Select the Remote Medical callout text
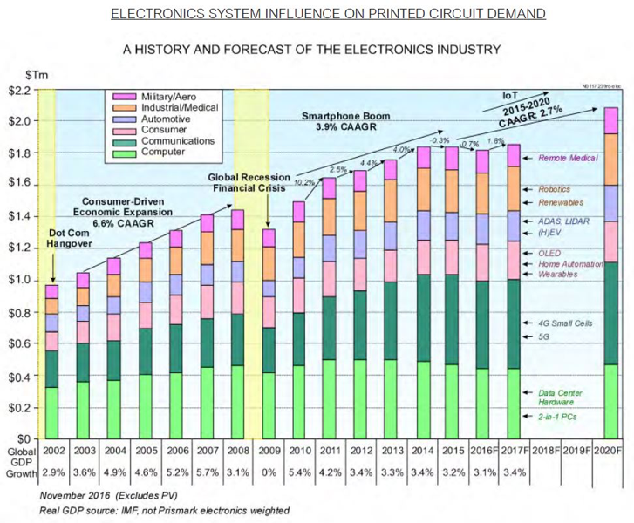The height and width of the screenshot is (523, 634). click(567, 160)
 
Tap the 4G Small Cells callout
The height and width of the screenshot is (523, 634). click(566, 323)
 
